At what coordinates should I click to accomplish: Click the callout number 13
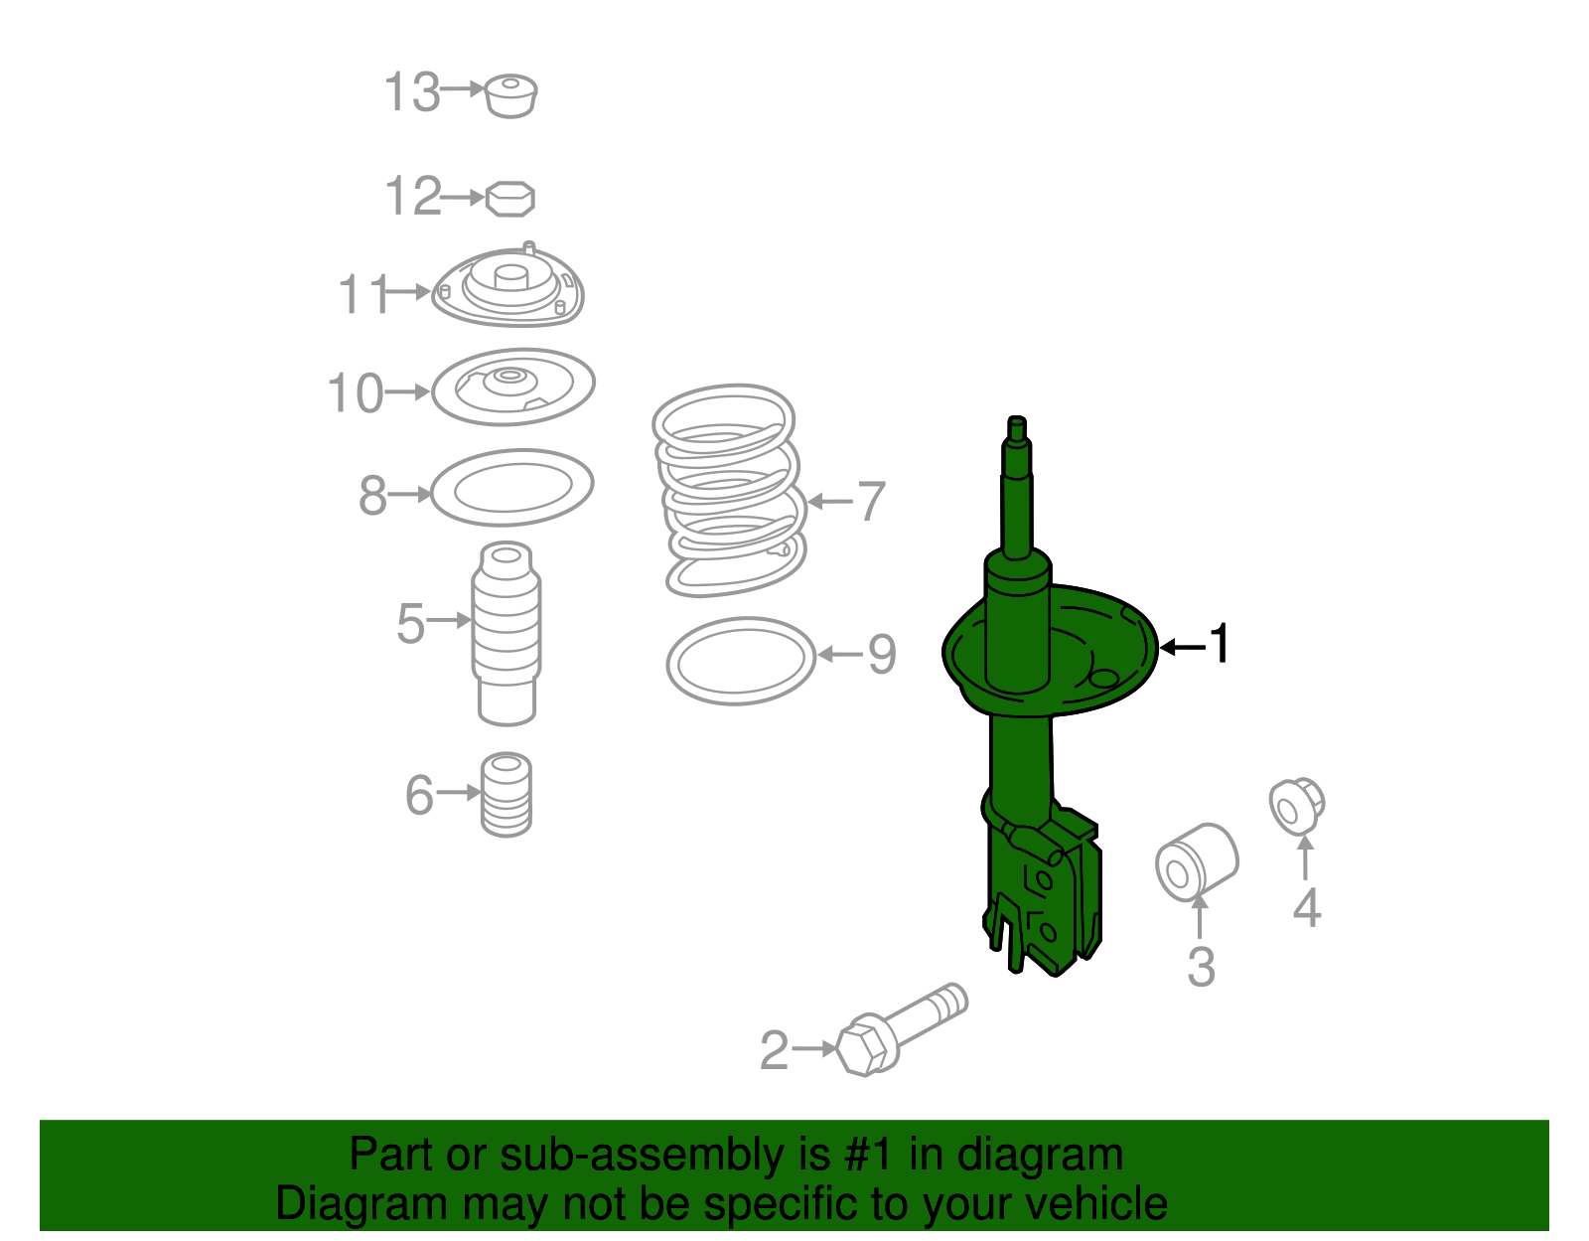click(x=411, y=92)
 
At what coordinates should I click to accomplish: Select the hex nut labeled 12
click(x=510, y=199)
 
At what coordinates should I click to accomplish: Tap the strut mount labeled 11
click(x=508, y=288)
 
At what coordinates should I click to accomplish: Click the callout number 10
click(x=355, y=393)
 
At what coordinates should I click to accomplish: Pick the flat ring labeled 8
click(x=512, y=487)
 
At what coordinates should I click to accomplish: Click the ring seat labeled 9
click(x=741, y=661)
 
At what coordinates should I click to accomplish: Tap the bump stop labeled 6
click(x=506, y=795)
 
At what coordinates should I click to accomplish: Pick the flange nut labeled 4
click(x=1297, y=806)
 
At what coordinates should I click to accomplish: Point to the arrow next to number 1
click(x=1182, y=647)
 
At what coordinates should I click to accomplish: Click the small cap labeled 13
click(x=511, y=95)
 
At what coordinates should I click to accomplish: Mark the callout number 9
click(x=882, y=654)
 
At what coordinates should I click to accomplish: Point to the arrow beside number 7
click(x=830, y=501)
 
